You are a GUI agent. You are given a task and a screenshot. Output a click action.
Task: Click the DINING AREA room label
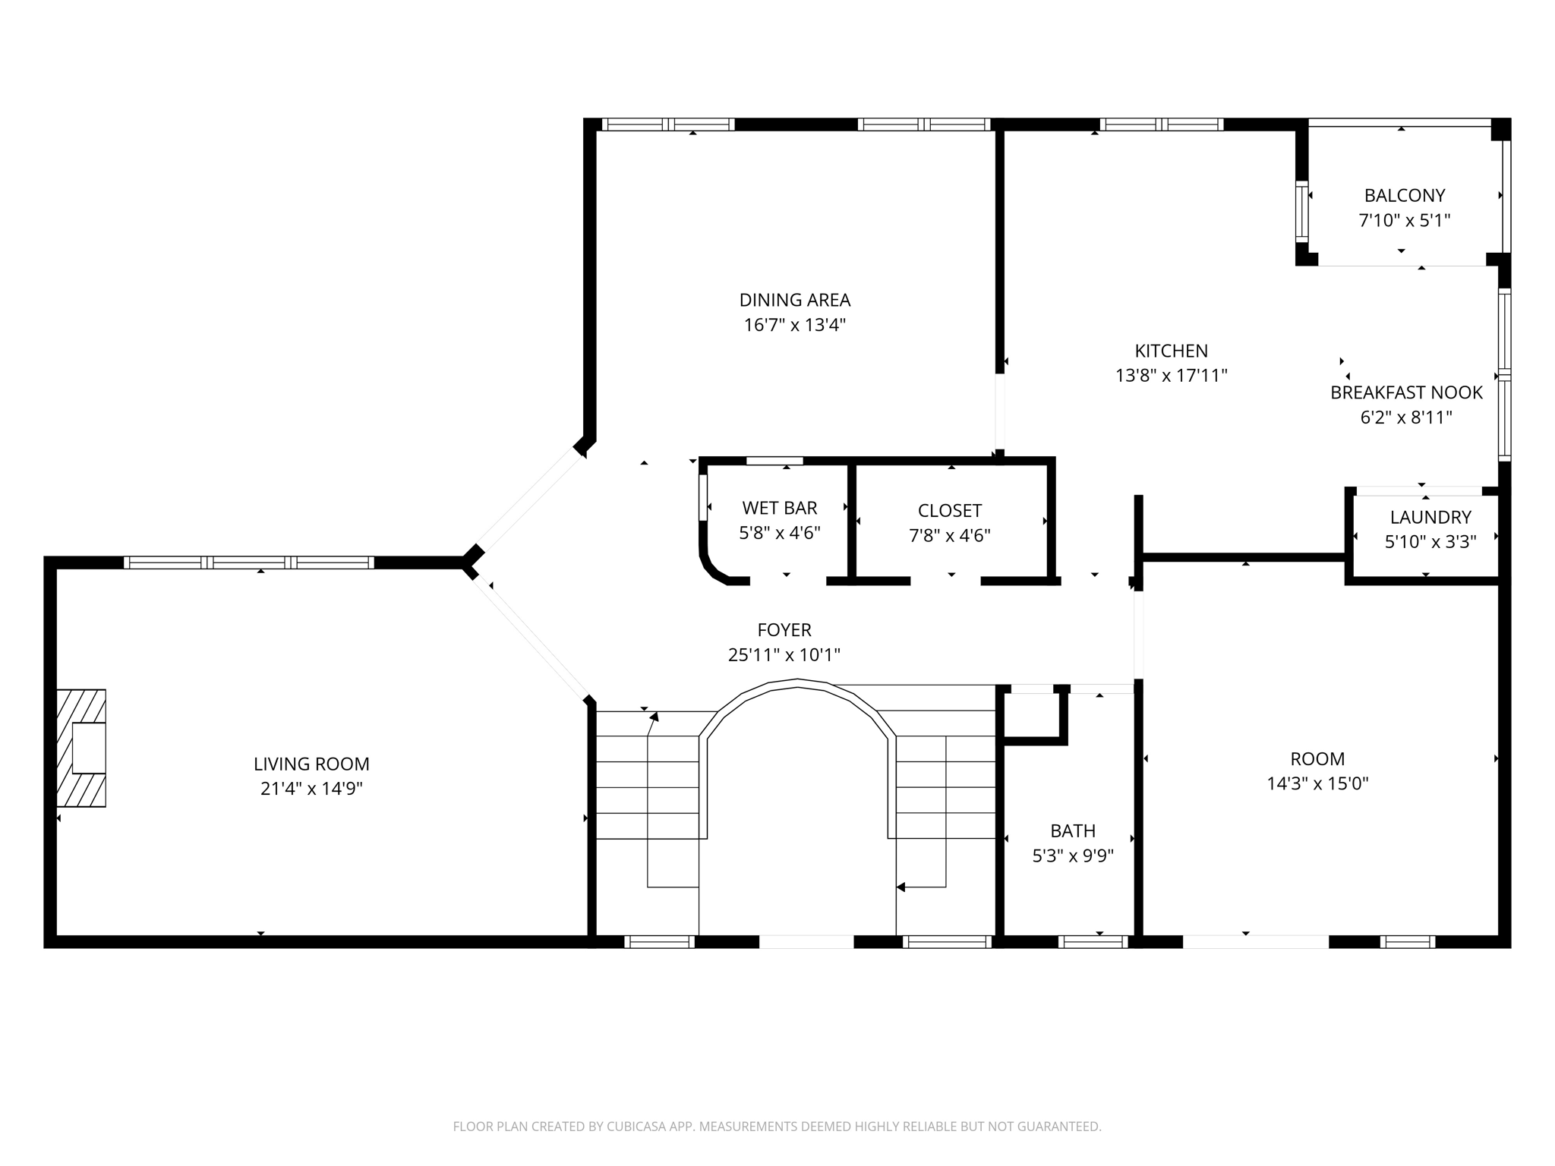pos(794,300)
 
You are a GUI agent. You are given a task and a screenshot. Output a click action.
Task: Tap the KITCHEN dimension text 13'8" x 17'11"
pos(1171,376)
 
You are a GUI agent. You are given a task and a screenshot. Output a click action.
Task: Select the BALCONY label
pos(1404,196)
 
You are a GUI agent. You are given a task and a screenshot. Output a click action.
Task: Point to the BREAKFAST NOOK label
pos(1406,392)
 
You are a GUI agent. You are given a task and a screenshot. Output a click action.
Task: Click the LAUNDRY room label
pos(1430,518)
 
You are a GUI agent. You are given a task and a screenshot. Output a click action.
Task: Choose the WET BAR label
pos(780,508)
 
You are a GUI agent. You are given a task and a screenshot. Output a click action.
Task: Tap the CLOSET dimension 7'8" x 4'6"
pos(949,536)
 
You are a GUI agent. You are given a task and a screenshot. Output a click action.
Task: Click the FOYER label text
pos(784,630)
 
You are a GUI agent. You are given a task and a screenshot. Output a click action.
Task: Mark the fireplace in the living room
pos(81,748)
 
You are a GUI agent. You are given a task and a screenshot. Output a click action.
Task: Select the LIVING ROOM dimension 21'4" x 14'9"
pos(311,789)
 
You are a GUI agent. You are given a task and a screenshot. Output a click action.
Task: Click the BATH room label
pos(1072,831)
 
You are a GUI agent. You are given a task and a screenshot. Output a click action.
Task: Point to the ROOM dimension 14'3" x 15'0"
pos(1317,783)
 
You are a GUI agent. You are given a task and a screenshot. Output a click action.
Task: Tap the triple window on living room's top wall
pos(248,563)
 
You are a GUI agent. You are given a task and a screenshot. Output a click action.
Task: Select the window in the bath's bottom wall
pos(1093,942)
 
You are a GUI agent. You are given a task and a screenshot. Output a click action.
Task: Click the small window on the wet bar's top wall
pos(774,461)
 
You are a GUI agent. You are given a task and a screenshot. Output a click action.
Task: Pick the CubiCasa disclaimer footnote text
pos(777,1127)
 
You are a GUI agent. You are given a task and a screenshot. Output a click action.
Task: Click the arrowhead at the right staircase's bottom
pos(901,887)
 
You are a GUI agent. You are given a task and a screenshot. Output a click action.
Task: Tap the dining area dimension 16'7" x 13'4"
pos(794,326)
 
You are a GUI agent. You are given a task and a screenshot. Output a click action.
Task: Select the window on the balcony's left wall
pos(1302,211)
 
